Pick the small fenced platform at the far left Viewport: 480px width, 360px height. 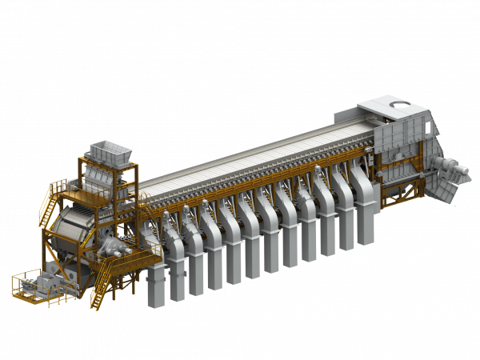click(x=34, y=286)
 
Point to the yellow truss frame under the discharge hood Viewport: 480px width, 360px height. click(x=396, y=172)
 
